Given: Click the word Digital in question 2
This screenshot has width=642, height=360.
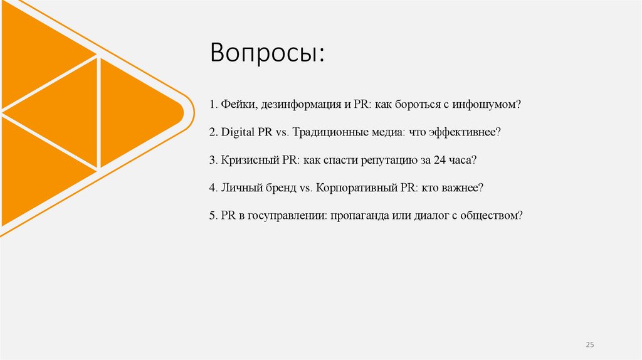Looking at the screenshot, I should point(237,133).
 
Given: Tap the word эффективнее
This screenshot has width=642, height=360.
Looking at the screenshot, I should point(468,133).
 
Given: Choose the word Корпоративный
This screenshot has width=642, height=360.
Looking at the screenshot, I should point(350,188).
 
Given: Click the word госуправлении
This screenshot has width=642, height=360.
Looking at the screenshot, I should point(282,215).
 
